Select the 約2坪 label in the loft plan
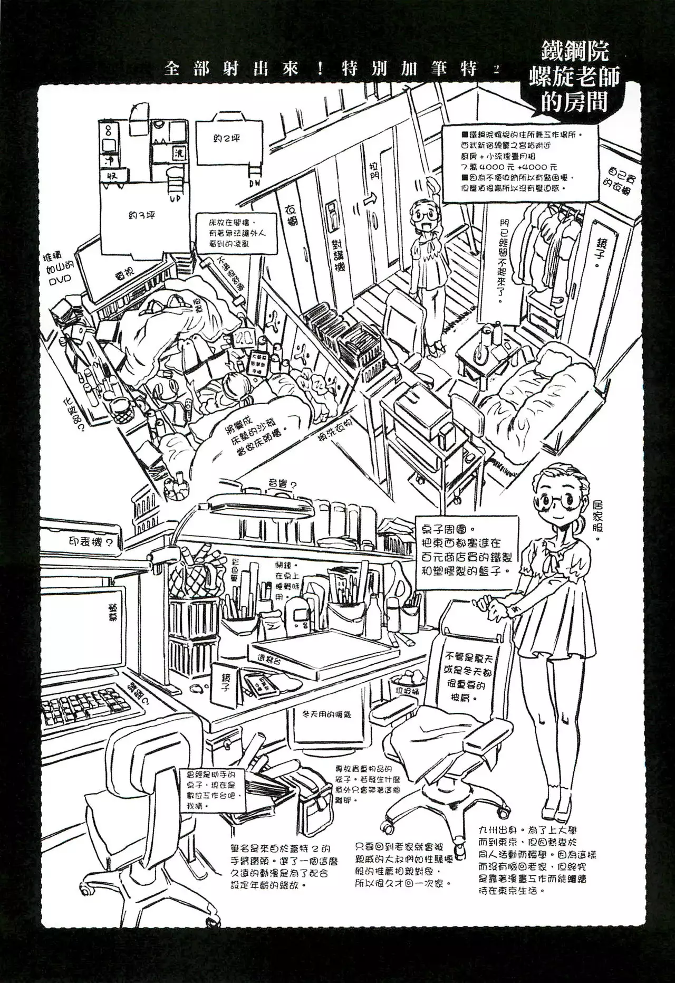point(228,139)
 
